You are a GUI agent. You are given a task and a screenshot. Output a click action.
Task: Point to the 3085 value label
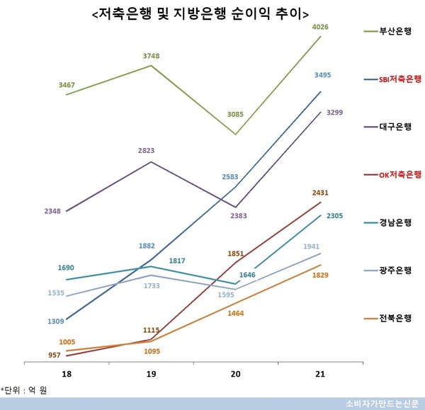234,113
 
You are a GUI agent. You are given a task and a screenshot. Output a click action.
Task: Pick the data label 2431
320,192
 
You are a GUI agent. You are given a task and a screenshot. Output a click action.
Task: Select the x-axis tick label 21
320,373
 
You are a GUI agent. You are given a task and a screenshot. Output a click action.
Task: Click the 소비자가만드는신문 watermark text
379,404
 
